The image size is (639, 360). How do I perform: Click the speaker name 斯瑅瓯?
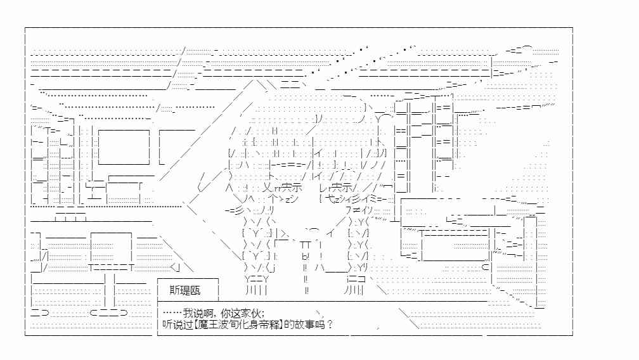coord(185,290)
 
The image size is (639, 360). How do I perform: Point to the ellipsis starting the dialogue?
coord(172,313)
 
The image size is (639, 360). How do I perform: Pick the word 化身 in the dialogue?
coord(249,325)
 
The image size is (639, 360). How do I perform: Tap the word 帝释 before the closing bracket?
coord(269,325)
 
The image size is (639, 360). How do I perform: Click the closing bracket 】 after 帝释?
coord(282,325)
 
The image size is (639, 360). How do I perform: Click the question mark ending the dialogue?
coord(330,325)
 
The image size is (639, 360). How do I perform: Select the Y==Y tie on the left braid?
coord(257,279)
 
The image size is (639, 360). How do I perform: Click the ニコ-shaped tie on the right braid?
coord(356,279)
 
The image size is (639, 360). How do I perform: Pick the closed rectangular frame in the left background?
coord(124,147)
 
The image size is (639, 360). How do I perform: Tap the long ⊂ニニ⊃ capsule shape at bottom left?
coord(108,312)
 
